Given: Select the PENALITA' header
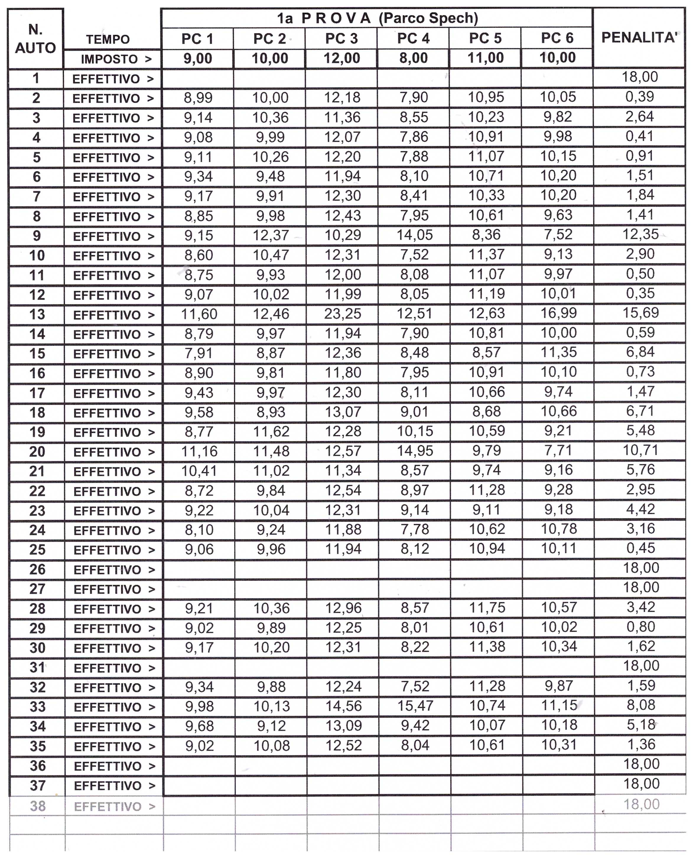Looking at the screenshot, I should click(x=640, y=37).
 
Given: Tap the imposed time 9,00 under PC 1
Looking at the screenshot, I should click(x=198, y=59).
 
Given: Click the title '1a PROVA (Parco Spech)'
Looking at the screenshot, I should click(x=377, y=18).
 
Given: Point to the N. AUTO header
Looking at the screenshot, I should click(x=35, y=39).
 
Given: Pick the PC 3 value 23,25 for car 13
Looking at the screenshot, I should click(x=342, y=314).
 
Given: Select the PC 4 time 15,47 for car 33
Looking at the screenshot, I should click(x=415, y=706).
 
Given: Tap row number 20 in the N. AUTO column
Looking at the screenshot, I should click(x=37, y=452).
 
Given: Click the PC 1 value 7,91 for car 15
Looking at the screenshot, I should click(x=199, y=353).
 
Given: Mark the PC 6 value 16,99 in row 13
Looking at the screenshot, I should click(x=559, y=313).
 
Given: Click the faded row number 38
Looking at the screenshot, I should click(x=38, y=806).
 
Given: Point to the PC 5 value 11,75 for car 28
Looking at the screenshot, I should click(x=487, y=608).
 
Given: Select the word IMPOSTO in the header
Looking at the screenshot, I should click(x=109, y=59).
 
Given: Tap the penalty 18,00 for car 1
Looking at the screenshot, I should click(x=640, y=77).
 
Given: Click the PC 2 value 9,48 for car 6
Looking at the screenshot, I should click(x=270, y=176).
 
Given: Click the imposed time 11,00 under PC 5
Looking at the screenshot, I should click(x=485, y=58).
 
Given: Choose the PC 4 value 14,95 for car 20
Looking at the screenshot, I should click(x=415, y=451).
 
